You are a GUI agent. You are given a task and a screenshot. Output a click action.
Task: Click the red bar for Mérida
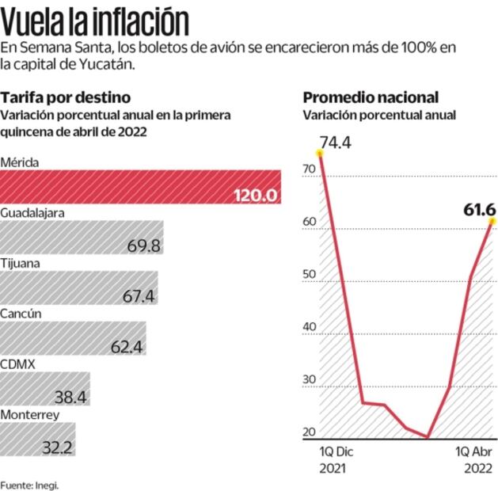click(140, 187)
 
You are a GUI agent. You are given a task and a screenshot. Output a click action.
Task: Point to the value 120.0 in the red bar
click(256, 196)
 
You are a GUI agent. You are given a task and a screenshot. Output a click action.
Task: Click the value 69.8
click(143, 246)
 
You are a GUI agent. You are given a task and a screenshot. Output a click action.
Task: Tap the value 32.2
click(57, 448)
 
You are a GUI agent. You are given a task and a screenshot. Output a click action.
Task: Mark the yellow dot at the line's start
click(321, 154)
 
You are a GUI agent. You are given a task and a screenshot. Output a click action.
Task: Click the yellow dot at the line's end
click(491, 221)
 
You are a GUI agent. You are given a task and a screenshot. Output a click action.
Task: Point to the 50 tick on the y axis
click(309, 276)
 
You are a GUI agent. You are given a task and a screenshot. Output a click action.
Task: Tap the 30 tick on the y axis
click(309, 379)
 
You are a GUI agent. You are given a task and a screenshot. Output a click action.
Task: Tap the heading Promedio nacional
click(371, 97)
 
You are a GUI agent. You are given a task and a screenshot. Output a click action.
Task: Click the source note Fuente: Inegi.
click(29, 485)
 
